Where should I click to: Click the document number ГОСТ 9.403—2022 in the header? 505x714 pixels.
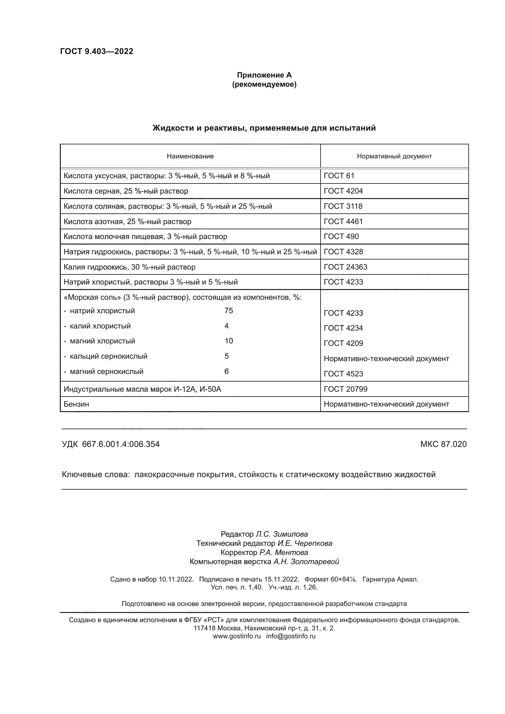[97, 51]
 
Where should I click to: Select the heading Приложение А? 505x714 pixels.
[264, 75]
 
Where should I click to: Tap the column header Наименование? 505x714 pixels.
[190, 156]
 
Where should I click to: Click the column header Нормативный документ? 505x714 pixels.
[394, 156]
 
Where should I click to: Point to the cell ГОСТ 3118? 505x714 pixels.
[343, 206]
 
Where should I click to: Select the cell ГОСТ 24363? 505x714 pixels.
[346, 267]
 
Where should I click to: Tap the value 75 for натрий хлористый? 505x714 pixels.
[229, 311]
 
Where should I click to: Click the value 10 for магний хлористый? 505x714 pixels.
[229, 341]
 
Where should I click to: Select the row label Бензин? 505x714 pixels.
[76, 404]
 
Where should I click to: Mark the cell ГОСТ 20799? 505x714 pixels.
[346, 389]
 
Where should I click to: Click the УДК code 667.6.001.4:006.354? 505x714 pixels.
[121, 444]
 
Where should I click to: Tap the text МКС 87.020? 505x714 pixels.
[443, 444]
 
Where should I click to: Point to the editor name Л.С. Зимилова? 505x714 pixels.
[282, 534]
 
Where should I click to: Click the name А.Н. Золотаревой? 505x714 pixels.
[306, 562]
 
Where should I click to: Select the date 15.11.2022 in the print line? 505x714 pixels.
[282, 579]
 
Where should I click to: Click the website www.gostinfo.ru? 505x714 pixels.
[237, 636]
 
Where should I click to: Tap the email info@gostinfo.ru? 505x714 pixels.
[290, 636]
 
